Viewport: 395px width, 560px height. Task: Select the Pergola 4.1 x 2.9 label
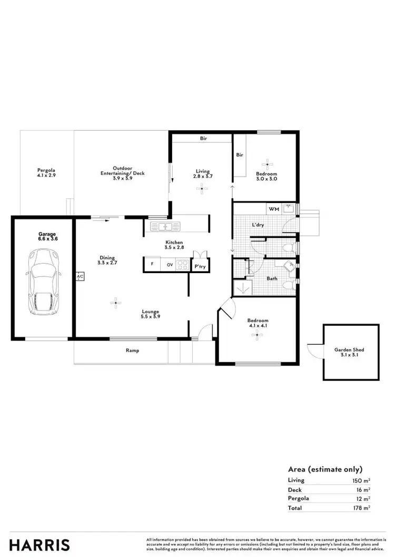pos(46,172)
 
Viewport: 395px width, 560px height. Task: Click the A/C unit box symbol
pos(80,276)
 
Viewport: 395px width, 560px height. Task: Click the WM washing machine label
pos(273,209)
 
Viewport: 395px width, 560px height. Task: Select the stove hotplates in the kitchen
pos(183,264)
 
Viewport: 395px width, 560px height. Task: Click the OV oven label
pos(170,264)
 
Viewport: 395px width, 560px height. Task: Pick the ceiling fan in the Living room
pos(203,191)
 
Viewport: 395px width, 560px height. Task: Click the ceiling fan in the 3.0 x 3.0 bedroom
pos(269,163)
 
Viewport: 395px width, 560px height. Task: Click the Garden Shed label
pos(349,352)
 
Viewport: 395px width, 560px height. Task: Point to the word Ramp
pos(132,351)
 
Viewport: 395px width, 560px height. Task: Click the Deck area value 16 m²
pos(363,489)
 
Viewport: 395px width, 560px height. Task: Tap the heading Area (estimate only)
pos(325,469)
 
